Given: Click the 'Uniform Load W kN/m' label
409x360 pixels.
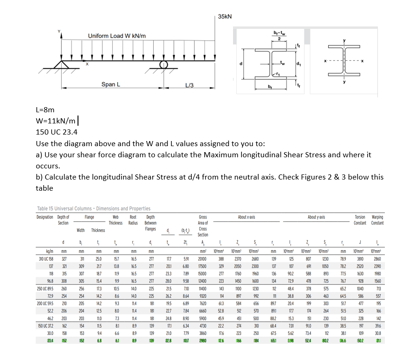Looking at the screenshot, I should [117, 36].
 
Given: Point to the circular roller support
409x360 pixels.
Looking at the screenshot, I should [163, 64].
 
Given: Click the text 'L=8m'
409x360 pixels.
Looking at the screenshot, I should [45, 110].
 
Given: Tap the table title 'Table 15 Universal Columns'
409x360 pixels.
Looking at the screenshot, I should [93, 209].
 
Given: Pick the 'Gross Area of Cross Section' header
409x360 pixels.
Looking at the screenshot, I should [203, 226].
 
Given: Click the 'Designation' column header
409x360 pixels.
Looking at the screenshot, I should [46, 217].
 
